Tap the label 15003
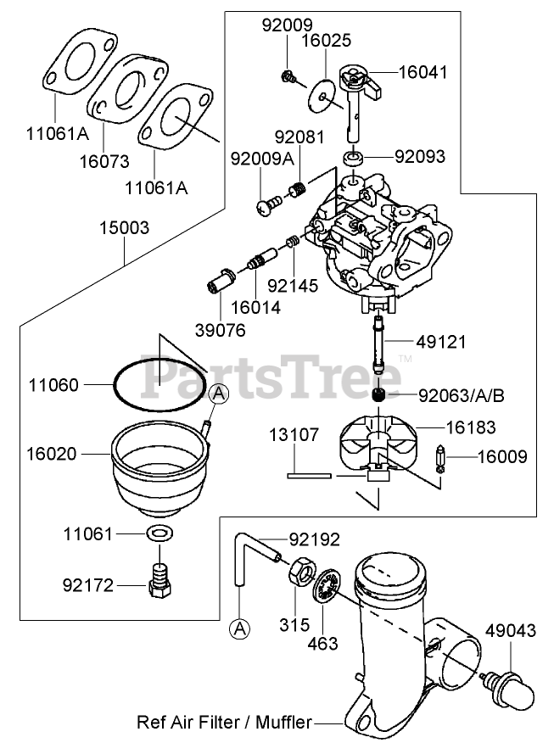click(124, 227)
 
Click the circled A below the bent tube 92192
click(240, 628)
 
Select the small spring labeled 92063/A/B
click(381, 396)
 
